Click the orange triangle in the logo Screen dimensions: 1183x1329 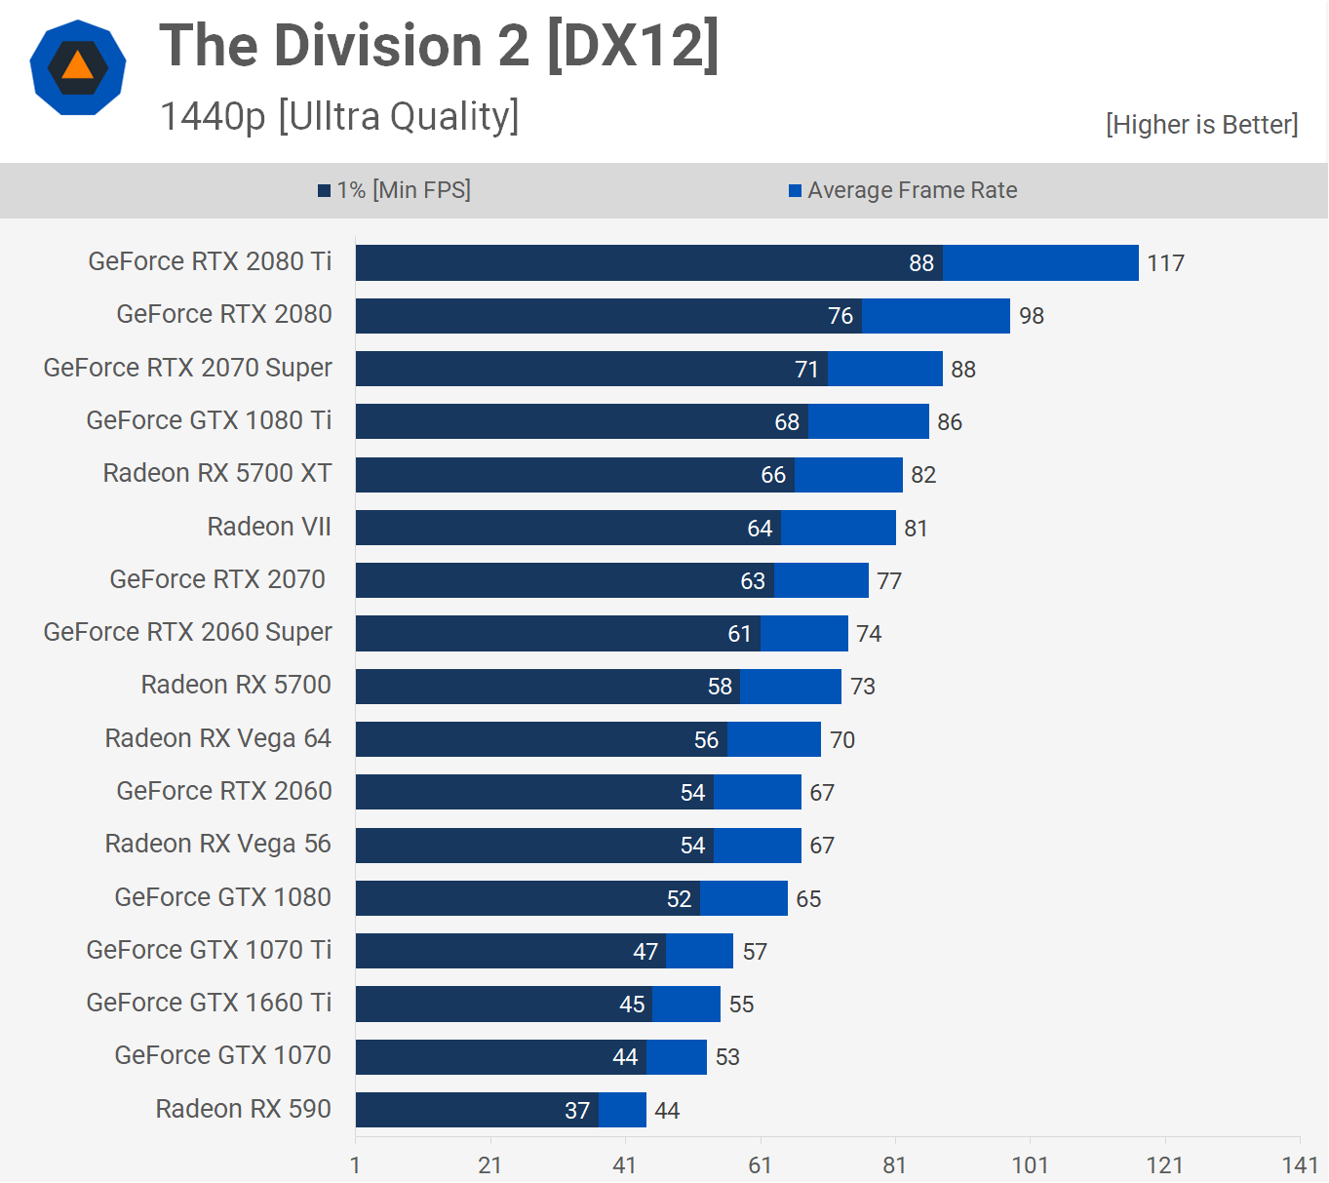(x=78, y=65)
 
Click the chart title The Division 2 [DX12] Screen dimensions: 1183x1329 (x=439, y=46)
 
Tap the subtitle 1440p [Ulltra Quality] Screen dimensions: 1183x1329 (x=339, y=116)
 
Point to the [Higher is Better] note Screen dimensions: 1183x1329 (x=1201, y=125)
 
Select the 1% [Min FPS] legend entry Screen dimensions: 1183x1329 (x=395, y=190)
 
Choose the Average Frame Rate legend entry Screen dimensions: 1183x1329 (x=903, y=190)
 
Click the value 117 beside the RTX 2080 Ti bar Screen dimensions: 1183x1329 (x=1165, y=263)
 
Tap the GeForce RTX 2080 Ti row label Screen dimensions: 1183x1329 (x=210, y=261)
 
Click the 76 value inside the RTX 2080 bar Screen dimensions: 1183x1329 (x=840, y=316)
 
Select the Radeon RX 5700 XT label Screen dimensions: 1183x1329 (x=216, y=473)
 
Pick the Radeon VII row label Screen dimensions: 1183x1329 (x=269, y=527)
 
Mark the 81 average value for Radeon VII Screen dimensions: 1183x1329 (x=916, y=529)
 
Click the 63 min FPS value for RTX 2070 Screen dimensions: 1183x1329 (x=753, y=581)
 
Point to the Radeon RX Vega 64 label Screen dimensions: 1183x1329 (x=217, y=738)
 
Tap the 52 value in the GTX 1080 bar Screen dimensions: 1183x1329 (x=679, y=899)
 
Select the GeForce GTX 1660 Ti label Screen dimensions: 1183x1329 (x=209, y=1003)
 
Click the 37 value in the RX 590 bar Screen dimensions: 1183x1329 (x=577, y=1111)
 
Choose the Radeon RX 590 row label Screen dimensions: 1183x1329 (x=243, y=1109)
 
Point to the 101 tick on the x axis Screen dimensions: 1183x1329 (x=1030, y=1165)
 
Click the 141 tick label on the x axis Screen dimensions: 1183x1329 (x=1300, y=1165)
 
